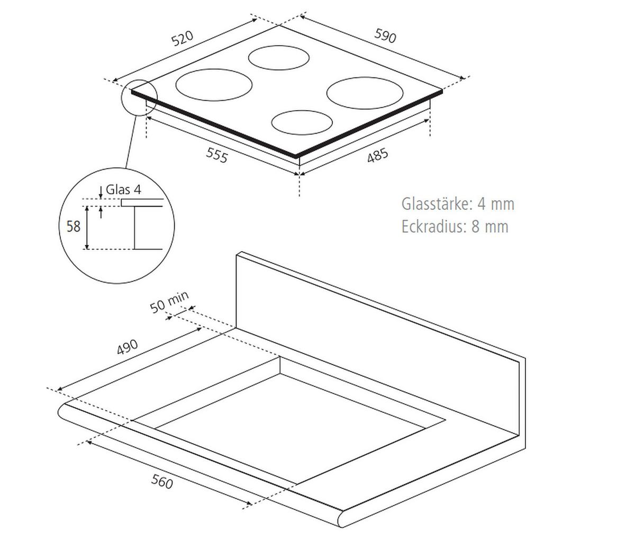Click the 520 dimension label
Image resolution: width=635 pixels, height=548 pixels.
click(183, 39)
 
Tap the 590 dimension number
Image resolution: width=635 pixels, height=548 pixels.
click(385, 35)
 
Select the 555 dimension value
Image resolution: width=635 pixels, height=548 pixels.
click(216, 155)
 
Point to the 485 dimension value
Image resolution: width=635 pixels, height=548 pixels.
click(377, 155)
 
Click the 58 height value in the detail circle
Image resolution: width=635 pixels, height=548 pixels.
click(73, 226)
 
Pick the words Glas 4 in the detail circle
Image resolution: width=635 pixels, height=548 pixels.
click(124, 190)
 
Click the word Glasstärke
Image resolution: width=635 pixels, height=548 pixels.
click(435, 204)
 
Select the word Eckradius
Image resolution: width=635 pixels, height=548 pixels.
click(432, 227)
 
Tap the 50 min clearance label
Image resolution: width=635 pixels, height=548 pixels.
click(169, 303)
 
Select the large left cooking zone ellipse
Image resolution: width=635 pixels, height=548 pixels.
click(214, 84)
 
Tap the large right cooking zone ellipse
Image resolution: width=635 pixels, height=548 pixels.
click(365, 93)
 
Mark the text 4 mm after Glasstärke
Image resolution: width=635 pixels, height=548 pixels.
click(495, 204)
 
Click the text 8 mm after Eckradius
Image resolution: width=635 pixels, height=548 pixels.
click(489, 227)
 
